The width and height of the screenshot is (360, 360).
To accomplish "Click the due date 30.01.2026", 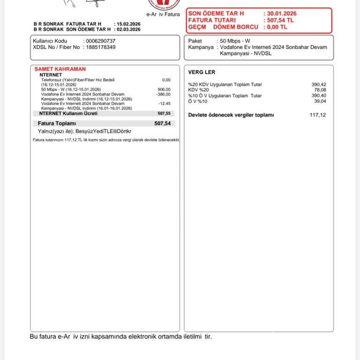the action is (x=282, y=14).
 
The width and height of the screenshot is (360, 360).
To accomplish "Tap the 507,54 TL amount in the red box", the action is (x=281, y=21).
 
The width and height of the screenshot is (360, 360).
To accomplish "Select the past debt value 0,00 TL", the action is (x=277, y=27).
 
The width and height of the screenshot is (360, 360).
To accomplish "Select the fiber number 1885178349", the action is (x=101, y=47).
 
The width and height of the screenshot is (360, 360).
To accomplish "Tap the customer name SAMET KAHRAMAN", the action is (x=60, y=69).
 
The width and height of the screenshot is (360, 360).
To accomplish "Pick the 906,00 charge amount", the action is (x=165, y=90).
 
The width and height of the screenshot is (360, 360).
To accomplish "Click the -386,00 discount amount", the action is (x=164, y=94).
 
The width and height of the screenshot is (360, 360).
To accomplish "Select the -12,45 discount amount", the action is (x=165, y=104).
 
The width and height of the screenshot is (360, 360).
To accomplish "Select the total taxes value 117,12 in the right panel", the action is (x=317, y=115).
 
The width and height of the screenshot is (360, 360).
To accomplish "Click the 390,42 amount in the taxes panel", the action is (x=319, y=84).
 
